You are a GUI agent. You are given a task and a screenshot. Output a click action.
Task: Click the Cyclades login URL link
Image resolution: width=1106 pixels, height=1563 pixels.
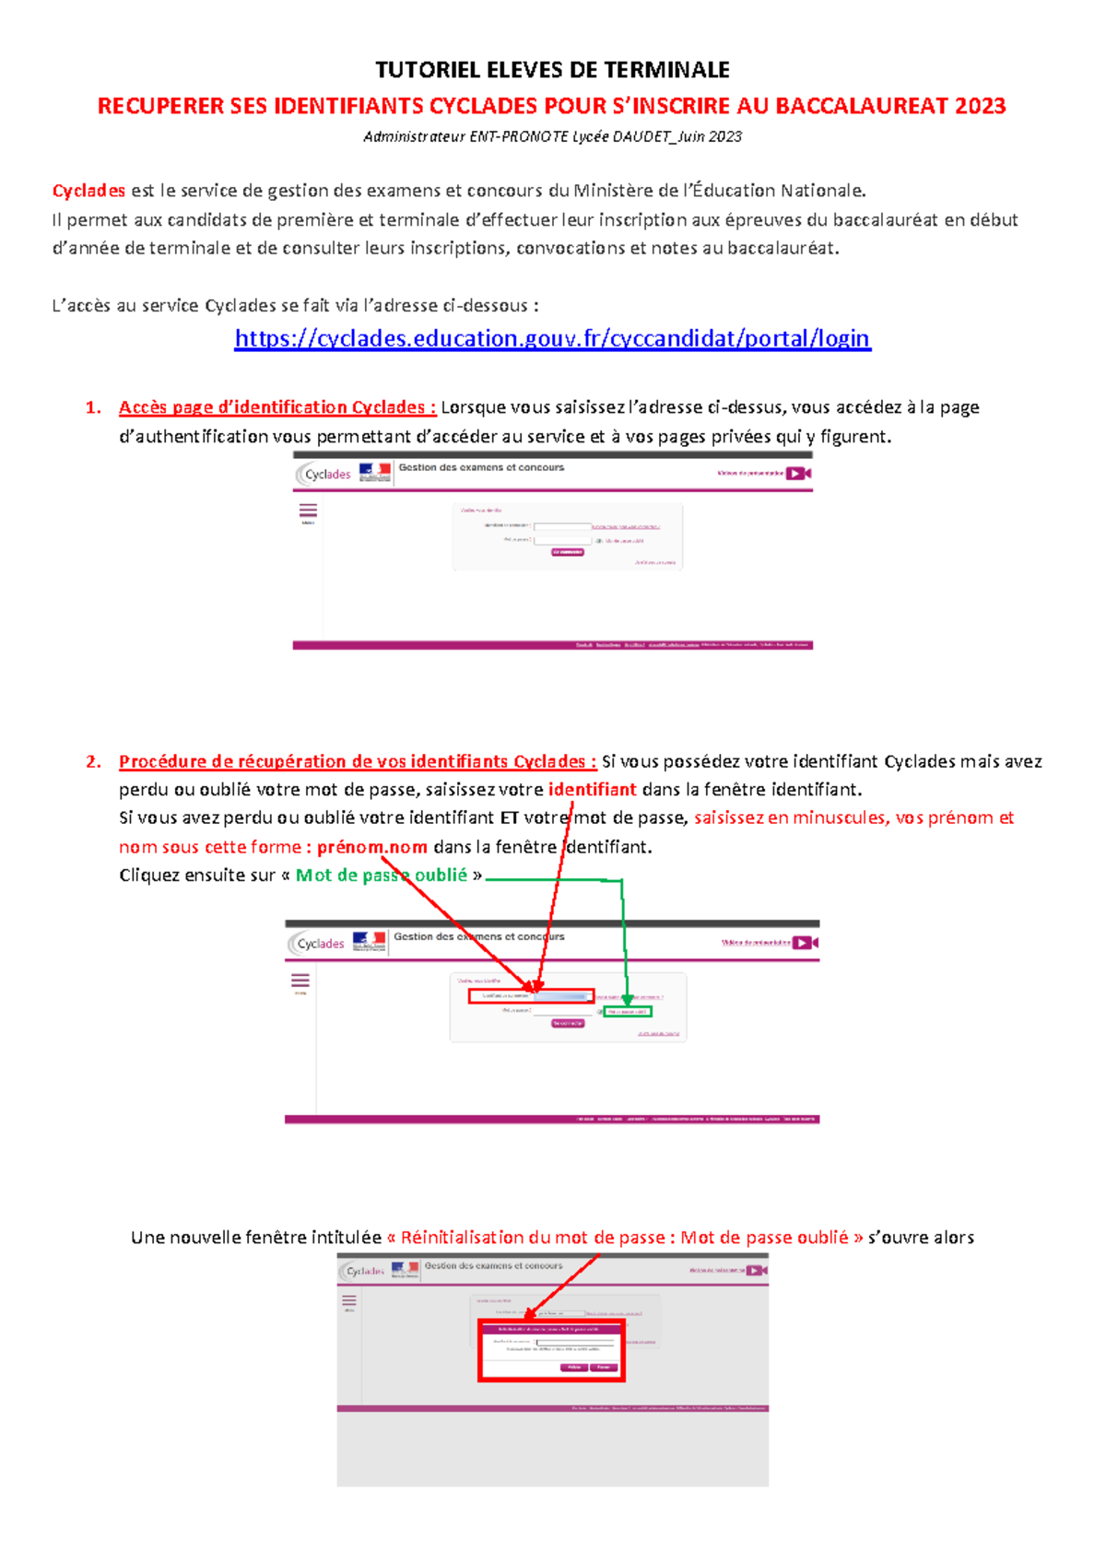tap(552, 338)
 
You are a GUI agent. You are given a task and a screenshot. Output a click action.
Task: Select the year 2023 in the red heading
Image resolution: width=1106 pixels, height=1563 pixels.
tap(980, 106)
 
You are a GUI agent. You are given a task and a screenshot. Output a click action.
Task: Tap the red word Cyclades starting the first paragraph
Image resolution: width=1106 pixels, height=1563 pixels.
tap(88, 191)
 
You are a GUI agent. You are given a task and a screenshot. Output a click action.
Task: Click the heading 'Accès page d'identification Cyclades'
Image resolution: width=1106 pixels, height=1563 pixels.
tap(276, 407)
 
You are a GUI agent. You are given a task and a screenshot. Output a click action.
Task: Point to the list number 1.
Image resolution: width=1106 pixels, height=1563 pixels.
tap(92, 407)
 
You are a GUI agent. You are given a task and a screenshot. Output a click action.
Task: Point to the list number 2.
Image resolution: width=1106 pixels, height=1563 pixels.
tap(92, 761)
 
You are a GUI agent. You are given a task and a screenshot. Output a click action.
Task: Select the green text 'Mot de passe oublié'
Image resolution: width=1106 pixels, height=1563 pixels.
tap(381, 875)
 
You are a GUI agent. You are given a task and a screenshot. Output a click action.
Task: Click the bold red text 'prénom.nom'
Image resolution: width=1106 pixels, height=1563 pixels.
tap(371, 846)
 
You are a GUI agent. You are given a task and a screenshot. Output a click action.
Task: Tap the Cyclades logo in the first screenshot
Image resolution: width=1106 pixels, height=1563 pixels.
tap(324, 474)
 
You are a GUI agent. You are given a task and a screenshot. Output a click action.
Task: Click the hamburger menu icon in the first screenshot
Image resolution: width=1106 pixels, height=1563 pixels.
tap(308, 511)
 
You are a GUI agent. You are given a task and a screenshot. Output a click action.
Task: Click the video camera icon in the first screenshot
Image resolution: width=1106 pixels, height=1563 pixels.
tap(798, 473)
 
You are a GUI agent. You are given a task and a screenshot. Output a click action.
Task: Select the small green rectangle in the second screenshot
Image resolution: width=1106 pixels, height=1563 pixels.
tap(628, 1011)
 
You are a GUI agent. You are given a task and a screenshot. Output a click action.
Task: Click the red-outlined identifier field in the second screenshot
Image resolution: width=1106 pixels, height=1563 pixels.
tap(531, 996)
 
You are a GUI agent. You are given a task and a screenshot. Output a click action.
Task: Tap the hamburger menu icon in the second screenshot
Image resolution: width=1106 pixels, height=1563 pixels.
tap(300, 981)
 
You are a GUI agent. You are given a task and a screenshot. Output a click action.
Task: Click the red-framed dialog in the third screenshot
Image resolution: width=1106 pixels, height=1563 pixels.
tap(551, 1350)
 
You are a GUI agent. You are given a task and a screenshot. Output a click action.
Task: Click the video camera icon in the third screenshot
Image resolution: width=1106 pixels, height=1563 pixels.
tap(757, 1270)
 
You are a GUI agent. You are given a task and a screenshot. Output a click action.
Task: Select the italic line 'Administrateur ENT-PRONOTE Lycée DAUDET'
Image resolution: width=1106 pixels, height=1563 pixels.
tap(552, 136)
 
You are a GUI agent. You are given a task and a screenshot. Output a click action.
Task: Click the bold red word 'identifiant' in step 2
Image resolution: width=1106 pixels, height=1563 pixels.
tap(592, 789)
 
